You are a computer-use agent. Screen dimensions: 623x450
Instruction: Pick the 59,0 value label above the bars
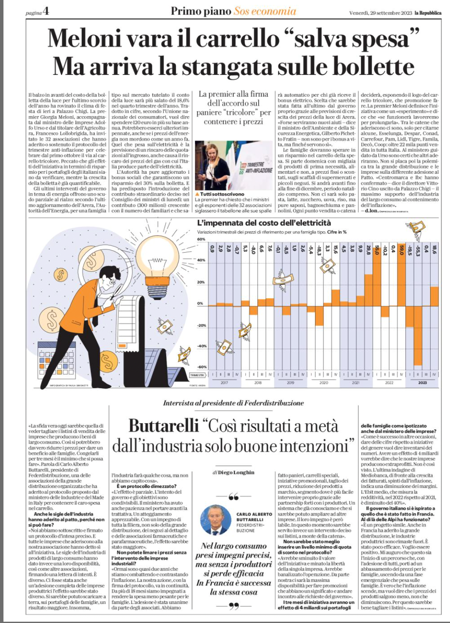401,250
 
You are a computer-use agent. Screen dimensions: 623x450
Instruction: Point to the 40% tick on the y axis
201,260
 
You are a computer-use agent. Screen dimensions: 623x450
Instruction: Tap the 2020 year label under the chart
324,383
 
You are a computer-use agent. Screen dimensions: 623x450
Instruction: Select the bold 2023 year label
422,383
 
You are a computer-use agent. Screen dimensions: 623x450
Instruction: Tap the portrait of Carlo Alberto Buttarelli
216,520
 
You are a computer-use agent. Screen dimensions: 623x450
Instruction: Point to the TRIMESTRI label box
197,375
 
